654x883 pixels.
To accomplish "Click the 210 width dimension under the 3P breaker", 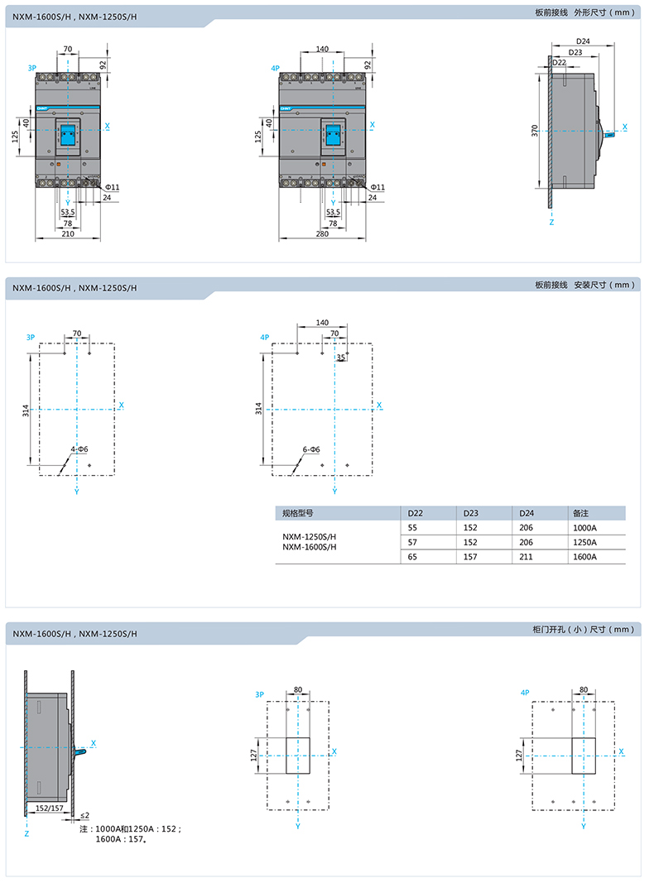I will pyautogui.click(x=68, y=234).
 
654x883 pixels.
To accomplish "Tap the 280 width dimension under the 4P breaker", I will pyautogui.click(x=322, y=234).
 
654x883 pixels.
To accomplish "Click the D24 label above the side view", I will pyautogui.click(x=582, y=41).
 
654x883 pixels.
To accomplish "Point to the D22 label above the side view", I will pyautogui.click(x=559, y=62).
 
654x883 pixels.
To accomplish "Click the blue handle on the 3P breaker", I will pyautogui.click(x=68, y=134).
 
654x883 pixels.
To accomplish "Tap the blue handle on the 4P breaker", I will pyautogui.click(x=333, y=134).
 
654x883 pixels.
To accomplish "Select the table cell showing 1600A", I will pyautogui.click(x=584, y=557).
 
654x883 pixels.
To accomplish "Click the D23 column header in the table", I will pyautogui.click(x=471, y=512).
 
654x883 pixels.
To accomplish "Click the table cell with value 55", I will pyautogui.click(x=411, y=527).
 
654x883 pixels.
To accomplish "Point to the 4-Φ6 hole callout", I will pyautogui.click(x=79, y=449).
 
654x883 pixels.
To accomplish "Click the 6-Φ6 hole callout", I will pyautogui.click(x=311, y=449).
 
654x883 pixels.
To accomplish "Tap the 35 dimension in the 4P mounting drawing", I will pyautogui.click(x=340, y=358).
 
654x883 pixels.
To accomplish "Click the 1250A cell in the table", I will pyautogui.click(x=584, y=542).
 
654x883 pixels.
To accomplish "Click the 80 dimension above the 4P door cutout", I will pyautogui.click(x=584, y=689).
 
